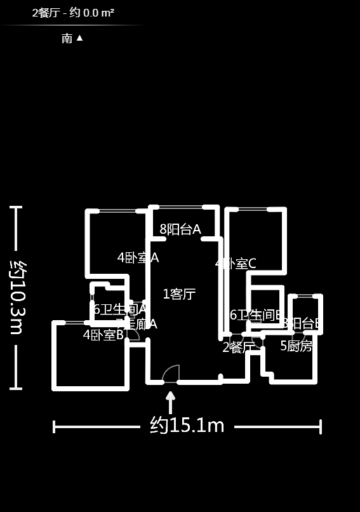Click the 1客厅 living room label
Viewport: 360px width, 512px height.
pyautogui.click(x=179, y=294)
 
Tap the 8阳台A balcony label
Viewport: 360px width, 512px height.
pyautogui.click(x=180, y=229)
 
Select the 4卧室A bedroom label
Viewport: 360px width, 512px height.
pyautogui.click(x=138, y=257)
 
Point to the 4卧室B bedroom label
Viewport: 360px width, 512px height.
pyautogui.click(x=103, y=335)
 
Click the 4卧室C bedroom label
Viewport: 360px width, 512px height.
pyautogui.click(x=236, y=263)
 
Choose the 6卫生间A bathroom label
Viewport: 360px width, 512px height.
pyautogui.click(x=120, y=309)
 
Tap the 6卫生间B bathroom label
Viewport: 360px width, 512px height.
pyautogui.click(x=257, y=314)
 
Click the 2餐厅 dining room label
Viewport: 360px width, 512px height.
pyautogui.click(x=238, y=347)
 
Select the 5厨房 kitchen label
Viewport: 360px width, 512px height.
pyautogui.click(x=297, y=346)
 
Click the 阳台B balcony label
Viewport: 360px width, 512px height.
pyautogui.click(x=303, y=323)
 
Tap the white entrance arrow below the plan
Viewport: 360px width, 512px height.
pyautogui.click(x=170, y=402)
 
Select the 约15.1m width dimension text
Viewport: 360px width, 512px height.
pyautogui.click(x=187, y=426)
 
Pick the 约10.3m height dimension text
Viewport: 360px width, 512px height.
pyautogui.click(x=17, y=297)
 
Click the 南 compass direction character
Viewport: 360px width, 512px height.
pyautogui.click(x=67, y=38)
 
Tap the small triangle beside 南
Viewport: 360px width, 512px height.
pyautogui.click(x=79, y=37)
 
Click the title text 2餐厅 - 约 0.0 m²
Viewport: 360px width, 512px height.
pyautogui.click(x=73, y=13)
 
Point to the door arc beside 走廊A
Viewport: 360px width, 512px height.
pyautogui.click(x=133, y=334)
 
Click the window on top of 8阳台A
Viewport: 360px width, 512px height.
pyautogui.click(x=180, y=206)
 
